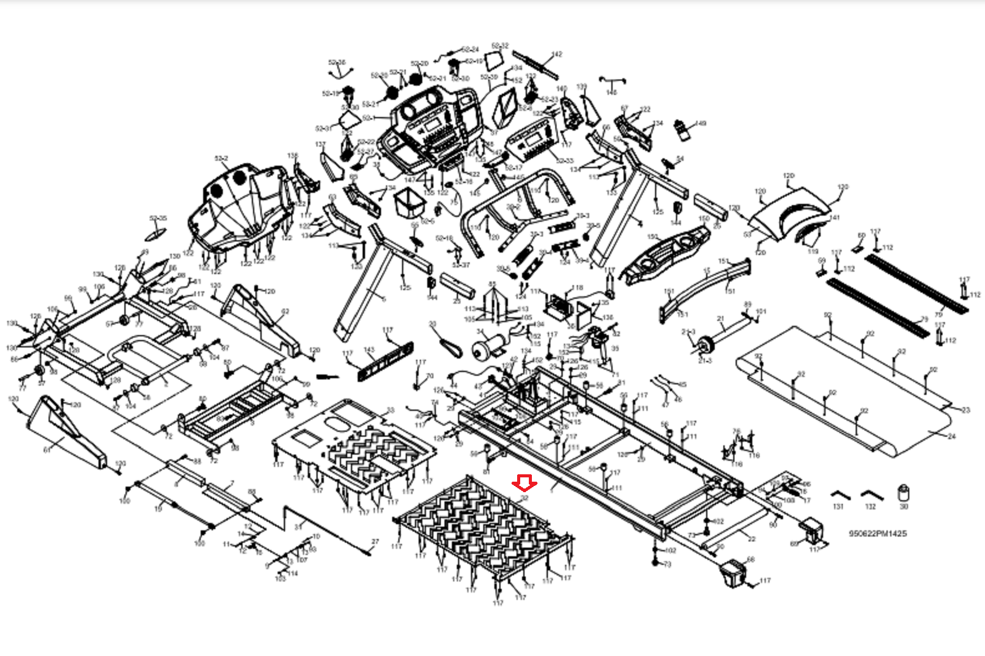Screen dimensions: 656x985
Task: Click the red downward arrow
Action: click(525, 484)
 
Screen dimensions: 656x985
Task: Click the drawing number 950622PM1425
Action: click(877, 533)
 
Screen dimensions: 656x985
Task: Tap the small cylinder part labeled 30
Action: click(904, 493)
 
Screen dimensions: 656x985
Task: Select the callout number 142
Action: click(557, 54)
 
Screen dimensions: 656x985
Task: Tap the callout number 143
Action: click(369, 350)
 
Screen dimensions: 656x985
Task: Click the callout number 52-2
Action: click(221, 158)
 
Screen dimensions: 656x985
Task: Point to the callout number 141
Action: click(835, 217)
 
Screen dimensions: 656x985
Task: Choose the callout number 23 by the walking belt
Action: click(965, 410)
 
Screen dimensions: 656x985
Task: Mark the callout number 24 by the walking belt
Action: click(952, 436)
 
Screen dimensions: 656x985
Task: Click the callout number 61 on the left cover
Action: click(47, 450)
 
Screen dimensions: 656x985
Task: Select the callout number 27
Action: click(375, 543)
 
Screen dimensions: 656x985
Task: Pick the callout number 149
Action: click(701, 124)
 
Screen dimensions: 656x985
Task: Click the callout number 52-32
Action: click(500, 46)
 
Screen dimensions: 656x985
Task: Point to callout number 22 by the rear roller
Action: click(752, 538)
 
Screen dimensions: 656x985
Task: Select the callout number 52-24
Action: click(470, 49)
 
